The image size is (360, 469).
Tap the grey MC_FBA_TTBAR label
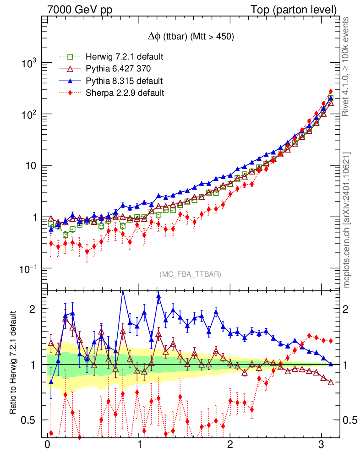coord(191,274)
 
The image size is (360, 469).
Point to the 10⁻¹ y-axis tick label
coord(27,268)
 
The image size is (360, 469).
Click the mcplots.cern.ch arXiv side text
coord(347,220)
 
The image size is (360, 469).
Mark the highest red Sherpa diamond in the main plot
coord(331,92)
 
